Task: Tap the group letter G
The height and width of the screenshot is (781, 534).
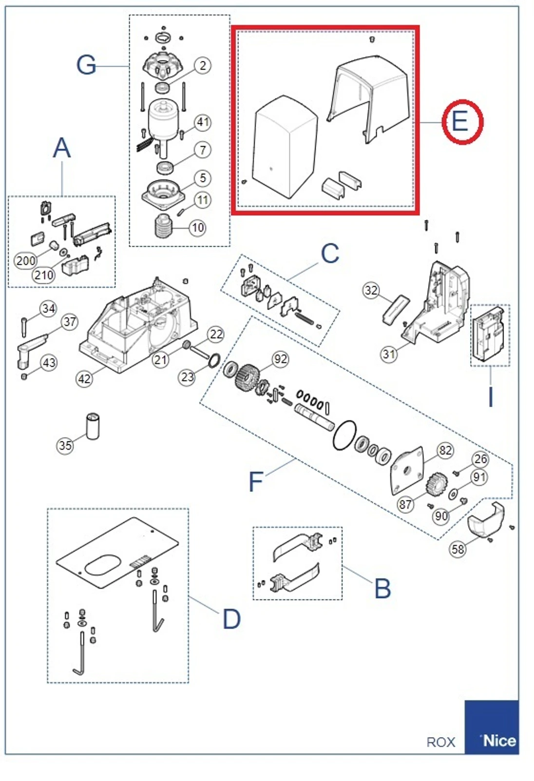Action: (x=86, y=65)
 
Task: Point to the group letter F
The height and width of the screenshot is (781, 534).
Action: (x=256, y=482)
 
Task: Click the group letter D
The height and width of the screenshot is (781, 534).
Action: (x=231, y=619)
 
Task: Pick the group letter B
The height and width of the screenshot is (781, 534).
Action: (x=382, y=589)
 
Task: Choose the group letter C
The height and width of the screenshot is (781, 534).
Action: (x=330, y=254)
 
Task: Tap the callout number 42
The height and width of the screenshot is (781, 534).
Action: (x=84, y=378)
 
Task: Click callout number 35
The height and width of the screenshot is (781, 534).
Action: (x=65, y=445)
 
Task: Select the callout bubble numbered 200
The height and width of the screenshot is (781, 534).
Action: (x=25, y=261)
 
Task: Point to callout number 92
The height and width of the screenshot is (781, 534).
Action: (x=281, y=359)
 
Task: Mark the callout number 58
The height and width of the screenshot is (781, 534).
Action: (x=458, y=549)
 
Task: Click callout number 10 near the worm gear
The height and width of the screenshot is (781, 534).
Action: (x=197, y=227)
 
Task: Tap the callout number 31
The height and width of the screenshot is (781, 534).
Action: (x=388, y=354)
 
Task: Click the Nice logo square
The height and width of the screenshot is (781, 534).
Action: (x=491, y=727)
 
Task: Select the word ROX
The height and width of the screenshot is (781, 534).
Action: (x=440, y=742)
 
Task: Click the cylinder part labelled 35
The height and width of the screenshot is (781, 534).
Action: (x=93, y=426)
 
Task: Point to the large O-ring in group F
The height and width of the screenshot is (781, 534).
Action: (x=344, y=435)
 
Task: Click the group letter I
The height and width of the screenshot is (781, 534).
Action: (x=491, y=397)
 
